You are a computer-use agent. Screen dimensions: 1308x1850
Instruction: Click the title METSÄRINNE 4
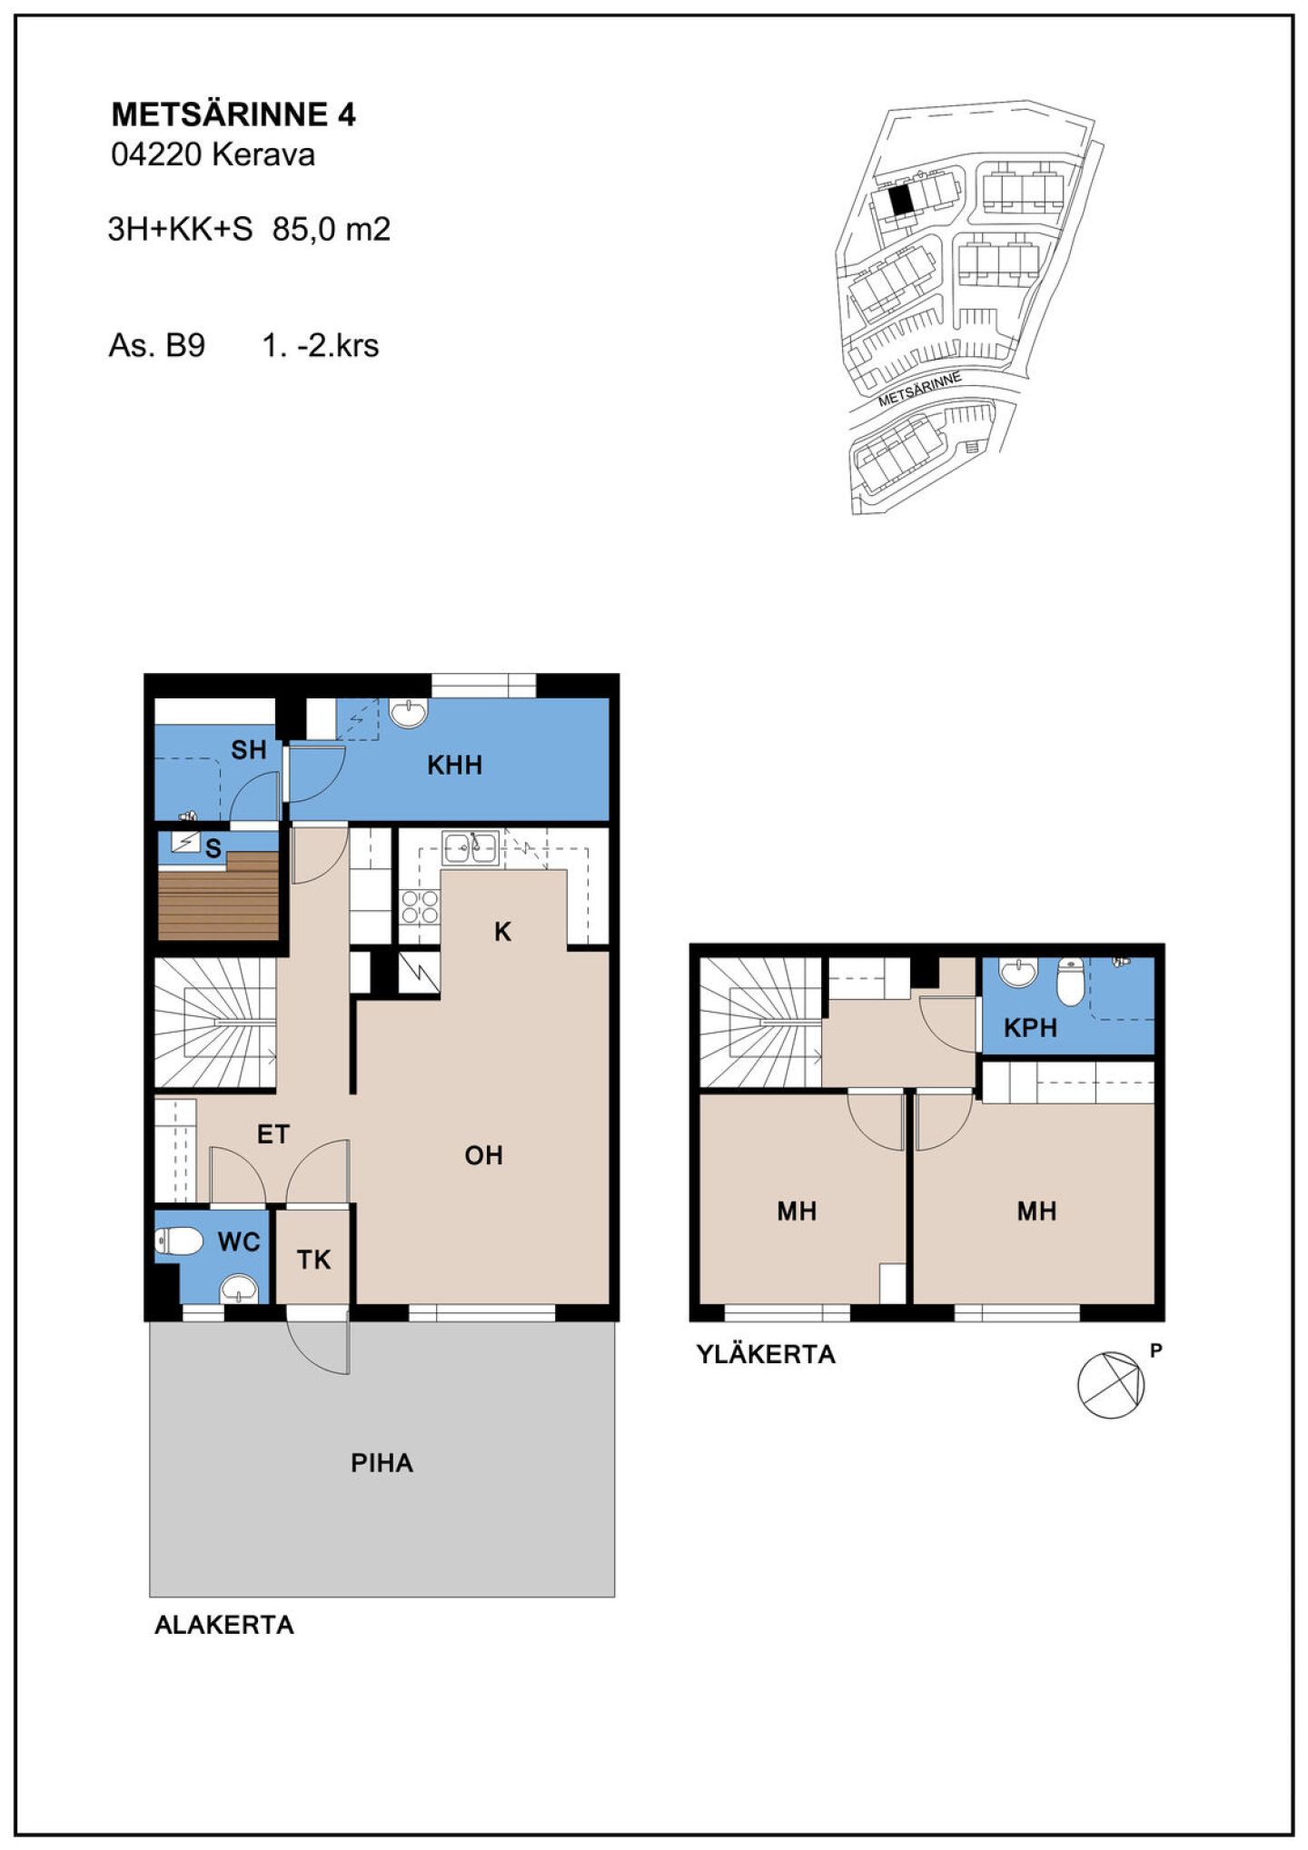point(233,114)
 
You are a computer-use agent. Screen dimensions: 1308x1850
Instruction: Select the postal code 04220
point(155,155)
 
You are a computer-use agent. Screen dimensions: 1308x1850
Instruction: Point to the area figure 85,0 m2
point(332,229)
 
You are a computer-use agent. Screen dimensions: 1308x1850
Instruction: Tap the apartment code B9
point(185,346)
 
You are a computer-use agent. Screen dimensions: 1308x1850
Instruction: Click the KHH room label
point(455,765)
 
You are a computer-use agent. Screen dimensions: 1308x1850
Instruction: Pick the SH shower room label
point(248,750)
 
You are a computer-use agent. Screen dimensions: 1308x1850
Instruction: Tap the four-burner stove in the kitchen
point(420,905)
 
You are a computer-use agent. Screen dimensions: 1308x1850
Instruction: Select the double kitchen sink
point(471,848)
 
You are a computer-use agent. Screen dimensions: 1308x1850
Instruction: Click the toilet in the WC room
point(178,1242)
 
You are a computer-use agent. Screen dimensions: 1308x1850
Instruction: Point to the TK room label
point(313,1260)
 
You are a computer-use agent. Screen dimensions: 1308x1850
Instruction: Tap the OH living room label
point(483,1155)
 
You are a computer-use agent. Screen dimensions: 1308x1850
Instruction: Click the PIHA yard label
point(382,1463)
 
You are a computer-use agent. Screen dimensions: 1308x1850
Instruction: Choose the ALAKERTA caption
point(224,1625)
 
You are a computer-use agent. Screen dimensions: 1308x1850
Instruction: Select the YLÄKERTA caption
point(766,1354)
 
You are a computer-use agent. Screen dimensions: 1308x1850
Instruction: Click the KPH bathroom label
point(1030,1028)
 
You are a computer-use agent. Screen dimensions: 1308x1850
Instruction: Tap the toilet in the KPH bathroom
point(1071,983)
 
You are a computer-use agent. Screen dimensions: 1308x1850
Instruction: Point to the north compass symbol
point(1111,1384)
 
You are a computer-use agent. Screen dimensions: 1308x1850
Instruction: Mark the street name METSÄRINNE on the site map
point(919,389)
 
